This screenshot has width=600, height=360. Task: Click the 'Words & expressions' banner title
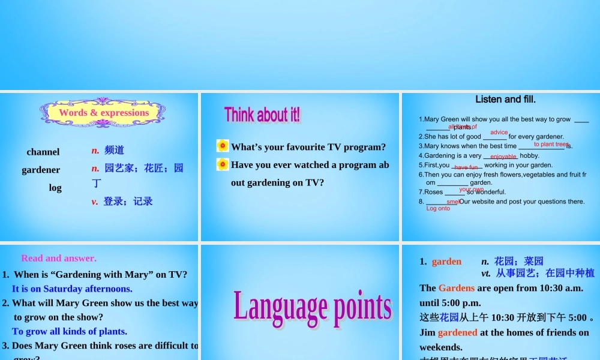point(104,113)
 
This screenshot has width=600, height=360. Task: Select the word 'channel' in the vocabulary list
point(43,152)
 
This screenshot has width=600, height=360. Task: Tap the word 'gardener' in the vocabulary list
point(41,170)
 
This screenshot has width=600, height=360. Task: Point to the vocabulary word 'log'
point(55,188)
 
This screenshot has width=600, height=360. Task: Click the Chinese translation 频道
point(114,150)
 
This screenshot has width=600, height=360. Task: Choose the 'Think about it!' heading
point(262,115)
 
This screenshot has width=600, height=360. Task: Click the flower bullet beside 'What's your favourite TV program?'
point(223,146)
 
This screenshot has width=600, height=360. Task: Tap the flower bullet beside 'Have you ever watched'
point(223,164)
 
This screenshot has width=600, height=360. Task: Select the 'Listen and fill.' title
point(505,100)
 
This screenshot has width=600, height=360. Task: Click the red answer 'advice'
point(499,133)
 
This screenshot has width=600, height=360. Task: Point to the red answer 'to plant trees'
point(551,144)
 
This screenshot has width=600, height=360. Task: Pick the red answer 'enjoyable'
point(503,157)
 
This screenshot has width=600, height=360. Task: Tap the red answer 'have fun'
point(466,167)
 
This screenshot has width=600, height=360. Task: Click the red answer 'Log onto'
point(438,209)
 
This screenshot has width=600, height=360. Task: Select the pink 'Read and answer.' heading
point(59,259)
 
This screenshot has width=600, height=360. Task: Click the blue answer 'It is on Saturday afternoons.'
point(72,289)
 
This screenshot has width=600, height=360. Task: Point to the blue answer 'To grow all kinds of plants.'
point(70,331)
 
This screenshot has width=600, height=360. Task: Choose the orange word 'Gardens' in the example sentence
point(457,288)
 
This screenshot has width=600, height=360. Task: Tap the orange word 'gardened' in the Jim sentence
point(458,332)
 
